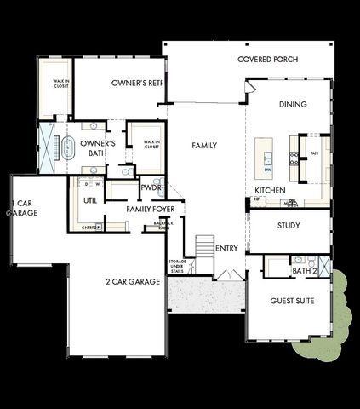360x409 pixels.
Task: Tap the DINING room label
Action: click(292, 105)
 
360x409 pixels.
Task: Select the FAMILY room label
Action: click(204, 146)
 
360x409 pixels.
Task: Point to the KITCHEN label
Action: click(270, 190)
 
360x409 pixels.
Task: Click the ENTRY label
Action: click(227, 248)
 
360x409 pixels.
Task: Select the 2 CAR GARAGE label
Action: click(133, 281)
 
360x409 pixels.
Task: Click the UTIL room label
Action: click(90, 200)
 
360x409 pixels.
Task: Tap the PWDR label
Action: click(151, 187)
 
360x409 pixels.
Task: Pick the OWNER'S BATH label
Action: click(99, 150)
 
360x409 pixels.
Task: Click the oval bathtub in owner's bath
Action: click(67, 147)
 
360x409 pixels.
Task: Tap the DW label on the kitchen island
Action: click(267, 169)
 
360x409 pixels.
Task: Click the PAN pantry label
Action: click(314, 155)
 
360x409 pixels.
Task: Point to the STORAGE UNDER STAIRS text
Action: click(177, 266)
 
